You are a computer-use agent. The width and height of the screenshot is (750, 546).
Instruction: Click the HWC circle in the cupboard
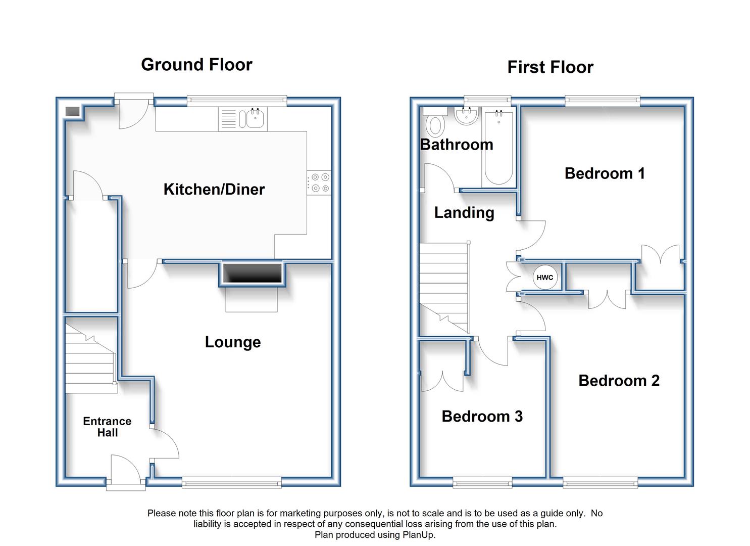point(545,278)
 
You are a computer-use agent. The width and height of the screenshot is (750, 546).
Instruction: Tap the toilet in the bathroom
point(435,122)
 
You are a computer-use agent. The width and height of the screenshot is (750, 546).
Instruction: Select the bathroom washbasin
point(466,116)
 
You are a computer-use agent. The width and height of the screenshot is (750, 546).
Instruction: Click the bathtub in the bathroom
point(499,148)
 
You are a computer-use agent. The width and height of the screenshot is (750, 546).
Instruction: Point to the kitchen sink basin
point(256,118)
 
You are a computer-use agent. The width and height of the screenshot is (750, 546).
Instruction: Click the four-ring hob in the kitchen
point(319,183)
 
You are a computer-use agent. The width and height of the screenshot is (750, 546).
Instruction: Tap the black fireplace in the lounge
point(253,273)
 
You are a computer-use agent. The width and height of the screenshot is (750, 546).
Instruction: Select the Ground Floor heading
point(196,65)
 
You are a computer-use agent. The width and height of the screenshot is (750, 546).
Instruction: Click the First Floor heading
point(551,67)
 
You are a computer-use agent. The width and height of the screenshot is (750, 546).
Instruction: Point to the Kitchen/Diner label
point(214,190)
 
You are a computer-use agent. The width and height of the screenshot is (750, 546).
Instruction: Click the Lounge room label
point(233,342)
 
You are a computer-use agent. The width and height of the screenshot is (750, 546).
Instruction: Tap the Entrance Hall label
point(107,427)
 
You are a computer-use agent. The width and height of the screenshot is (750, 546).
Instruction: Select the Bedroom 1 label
point(605,173)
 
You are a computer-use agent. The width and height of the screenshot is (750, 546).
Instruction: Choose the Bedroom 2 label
point(619,381)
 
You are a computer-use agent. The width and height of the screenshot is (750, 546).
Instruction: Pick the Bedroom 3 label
point(482,417)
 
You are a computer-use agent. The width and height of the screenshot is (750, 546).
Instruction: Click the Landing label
point(464,213)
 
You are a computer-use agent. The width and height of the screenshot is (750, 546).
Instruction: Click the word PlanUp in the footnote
point(418,534)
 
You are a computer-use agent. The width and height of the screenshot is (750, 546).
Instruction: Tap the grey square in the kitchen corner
point(72,112)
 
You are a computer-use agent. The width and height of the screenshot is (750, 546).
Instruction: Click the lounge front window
point(232,483)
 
